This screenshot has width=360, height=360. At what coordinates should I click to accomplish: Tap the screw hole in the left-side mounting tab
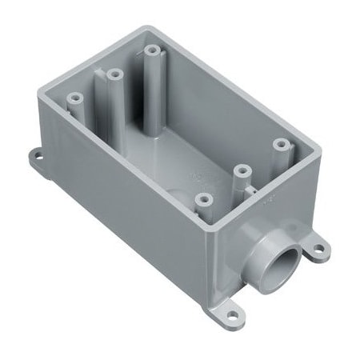pyautogui.click(x=39, y=154)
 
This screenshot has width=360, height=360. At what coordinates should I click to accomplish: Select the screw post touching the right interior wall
pyautogui.click(x=280, y=145)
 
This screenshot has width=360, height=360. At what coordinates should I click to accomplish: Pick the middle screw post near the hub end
pyautogui.click(x=238, y=169)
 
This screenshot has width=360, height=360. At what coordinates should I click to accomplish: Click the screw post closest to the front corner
pyautogui.click(x=203, y=198)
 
